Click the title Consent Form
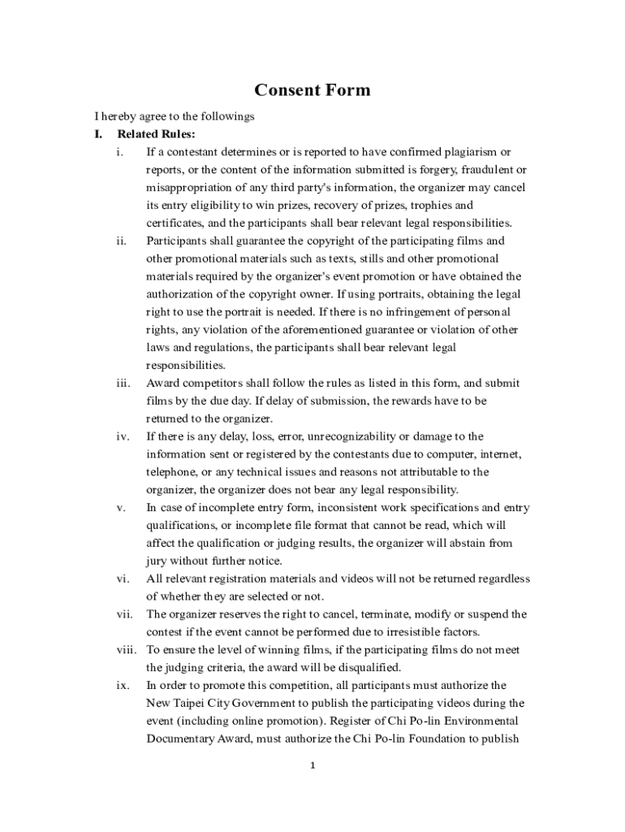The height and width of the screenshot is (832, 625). pyautogui.click(x=312, y=90)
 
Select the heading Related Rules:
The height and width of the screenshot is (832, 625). pyautogui.click(x=157, y=134)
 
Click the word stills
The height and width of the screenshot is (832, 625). pyautogui.click(x=374, y=259)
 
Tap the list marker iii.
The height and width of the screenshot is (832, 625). pyautogui.click(x=122, y=383)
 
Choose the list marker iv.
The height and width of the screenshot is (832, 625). pyautogui.click(x=122, y=437)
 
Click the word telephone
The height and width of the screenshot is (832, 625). pyautogui.click(x=171, y=472)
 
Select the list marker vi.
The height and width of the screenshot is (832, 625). pyautogui.click(x=122, y=579)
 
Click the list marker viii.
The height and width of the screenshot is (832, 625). pyautogui.click(x=126, y=650)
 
